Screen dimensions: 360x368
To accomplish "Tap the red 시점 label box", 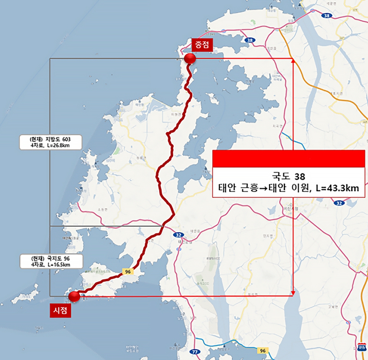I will click(60, 311).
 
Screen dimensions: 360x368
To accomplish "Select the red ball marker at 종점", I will click(190, 58).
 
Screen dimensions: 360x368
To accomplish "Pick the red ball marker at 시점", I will click(73, 296).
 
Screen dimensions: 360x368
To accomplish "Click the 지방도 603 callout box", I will click(50, 142).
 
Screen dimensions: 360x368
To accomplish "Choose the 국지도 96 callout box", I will click(50, 261).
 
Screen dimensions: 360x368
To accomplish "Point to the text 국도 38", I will click(289, 177).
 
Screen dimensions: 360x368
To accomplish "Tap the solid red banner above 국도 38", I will click(289, 159).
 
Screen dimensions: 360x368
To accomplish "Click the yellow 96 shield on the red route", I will click(127, 271).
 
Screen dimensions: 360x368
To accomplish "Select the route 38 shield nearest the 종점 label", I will click(250, 40).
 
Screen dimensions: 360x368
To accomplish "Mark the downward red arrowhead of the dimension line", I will click(293, 293).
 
